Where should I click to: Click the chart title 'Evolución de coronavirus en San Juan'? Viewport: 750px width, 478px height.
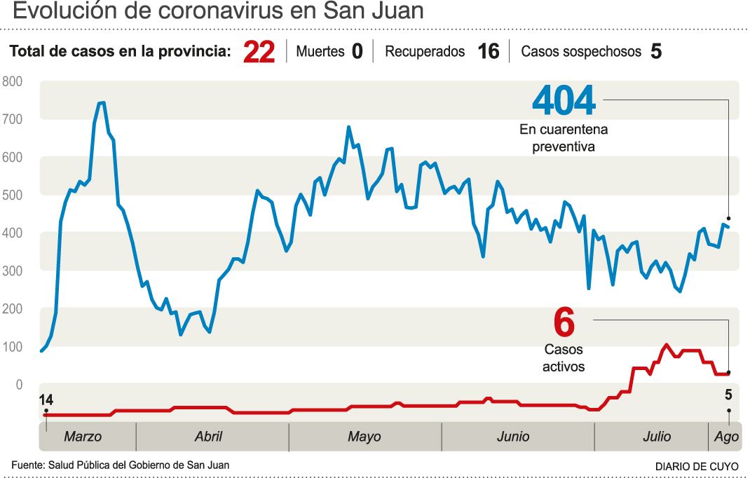pos(218,11)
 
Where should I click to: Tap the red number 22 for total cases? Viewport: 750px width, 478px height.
pos(259,52)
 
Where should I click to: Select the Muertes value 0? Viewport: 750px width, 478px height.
pos(357,51)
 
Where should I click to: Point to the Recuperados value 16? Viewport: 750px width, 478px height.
pos(489,51)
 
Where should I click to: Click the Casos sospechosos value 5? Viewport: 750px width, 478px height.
pos(656,51)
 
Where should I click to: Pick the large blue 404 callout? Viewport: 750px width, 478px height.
pos(564,100)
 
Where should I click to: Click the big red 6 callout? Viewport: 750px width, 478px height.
pos(564,322)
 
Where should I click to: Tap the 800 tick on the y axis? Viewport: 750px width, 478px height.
pos(13,81)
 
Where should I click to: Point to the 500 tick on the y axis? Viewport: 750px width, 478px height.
pos(13,196)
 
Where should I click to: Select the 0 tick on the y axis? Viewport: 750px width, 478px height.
pos(19,385)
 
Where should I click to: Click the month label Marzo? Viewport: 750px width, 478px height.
pos(83,437)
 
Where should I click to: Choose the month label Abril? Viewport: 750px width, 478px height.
pos(209,437)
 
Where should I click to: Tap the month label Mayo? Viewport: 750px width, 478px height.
pos(364,437)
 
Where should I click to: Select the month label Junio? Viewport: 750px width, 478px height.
pos(513,437)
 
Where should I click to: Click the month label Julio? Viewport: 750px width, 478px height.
pos(657,437)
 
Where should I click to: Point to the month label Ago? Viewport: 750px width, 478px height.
pos(727,437)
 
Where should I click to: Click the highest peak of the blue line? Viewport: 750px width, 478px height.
pos(102,102)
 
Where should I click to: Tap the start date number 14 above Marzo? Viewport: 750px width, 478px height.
pos(46,400)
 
